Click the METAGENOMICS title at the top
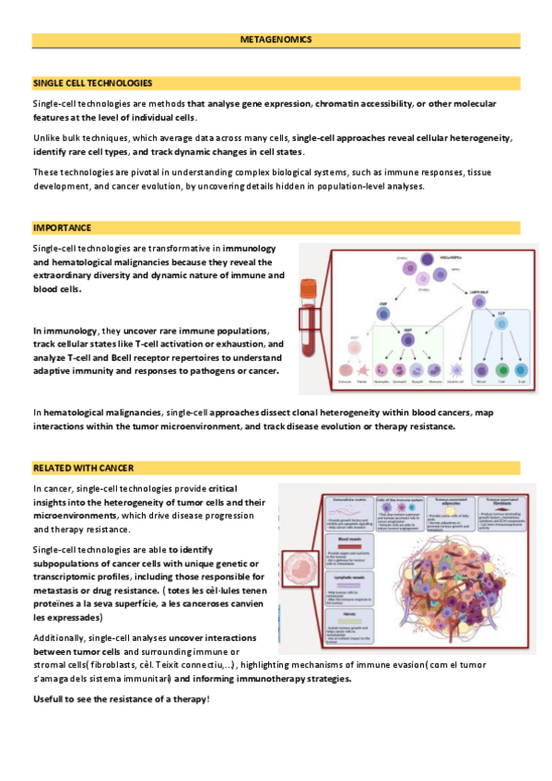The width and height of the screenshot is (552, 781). coord(276,41)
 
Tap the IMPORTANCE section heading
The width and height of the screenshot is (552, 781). coord(62,227)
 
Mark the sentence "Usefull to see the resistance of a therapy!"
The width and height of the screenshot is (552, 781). coord(121,699)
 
